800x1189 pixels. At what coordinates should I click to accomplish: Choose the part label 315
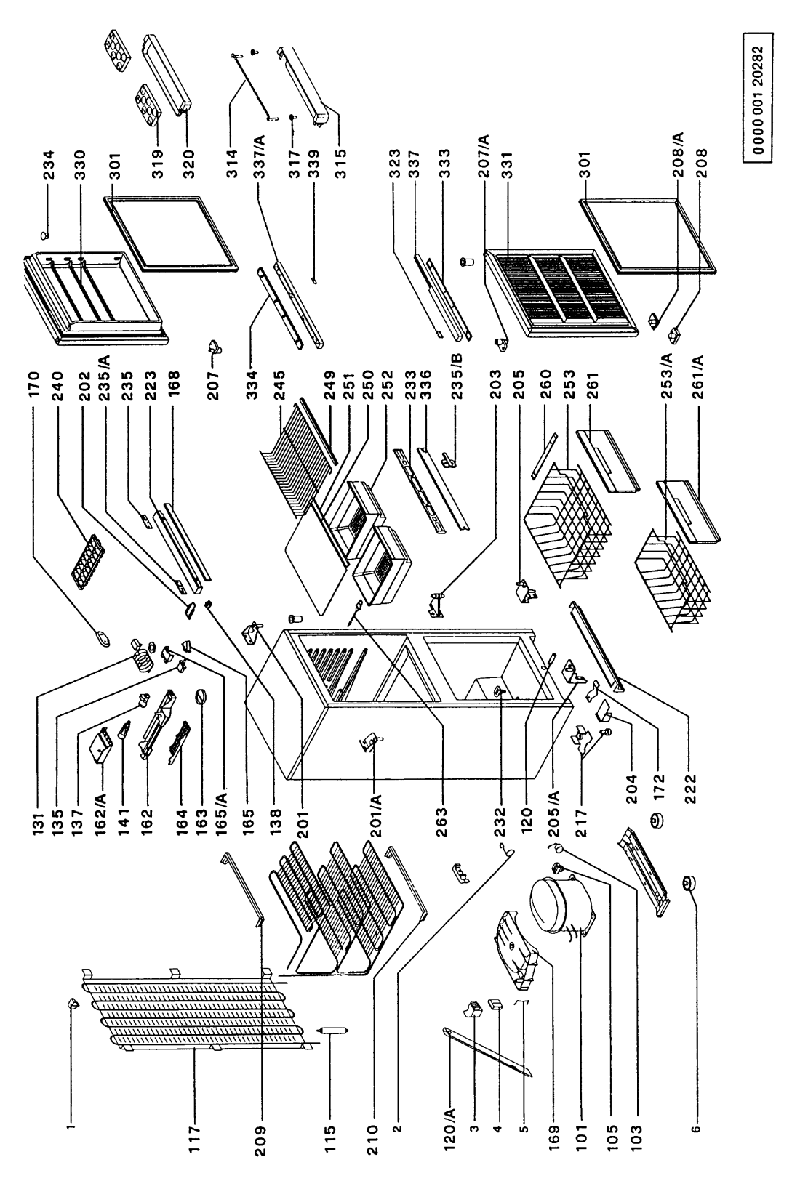pos(340,163)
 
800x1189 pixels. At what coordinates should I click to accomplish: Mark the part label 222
pos(690,789)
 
